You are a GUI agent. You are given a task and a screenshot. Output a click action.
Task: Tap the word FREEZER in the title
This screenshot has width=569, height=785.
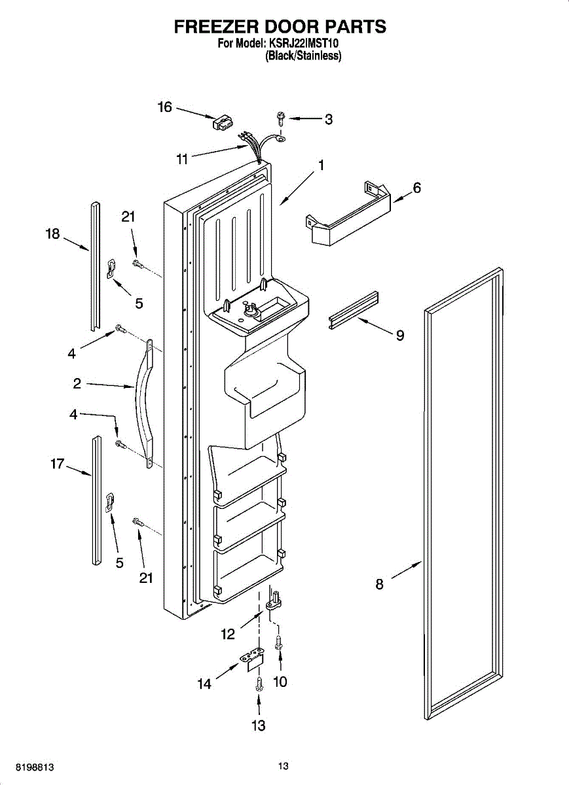[x=215, y=27]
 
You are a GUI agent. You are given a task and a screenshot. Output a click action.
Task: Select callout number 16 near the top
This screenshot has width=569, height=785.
[x=164, y=107]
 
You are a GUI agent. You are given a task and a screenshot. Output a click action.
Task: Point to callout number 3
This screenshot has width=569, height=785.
[x=329, y=119]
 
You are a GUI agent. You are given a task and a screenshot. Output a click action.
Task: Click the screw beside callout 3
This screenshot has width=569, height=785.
[x=281, y=118]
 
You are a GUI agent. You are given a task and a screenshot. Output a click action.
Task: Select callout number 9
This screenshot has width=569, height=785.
[x=399, y=336]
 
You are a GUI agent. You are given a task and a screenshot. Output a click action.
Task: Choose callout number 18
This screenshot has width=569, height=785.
[x=53, y=234]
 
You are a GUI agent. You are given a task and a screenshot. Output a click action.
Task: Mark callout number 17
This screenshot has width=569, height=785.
[x=58, y=464]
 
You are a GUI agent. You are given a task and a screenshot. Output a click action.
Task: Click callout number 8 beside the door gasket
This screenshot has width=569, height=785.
[x=380, y=584]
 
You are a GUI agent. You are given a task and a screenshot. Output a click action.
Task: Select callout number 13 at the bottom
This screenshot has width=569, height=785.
[x=259, y=725]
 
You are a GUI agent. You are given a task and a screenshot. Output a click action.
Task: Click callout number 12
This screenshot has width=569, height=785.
[x=228, y=633]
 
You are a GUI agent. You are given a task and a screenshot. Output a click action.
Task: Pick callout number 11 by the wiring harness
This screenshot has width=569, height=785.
[x=182, y=158]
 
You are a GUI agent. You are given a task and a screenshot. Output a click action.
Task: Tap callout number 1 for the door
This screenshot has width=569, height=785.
[x=321, y=166]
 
